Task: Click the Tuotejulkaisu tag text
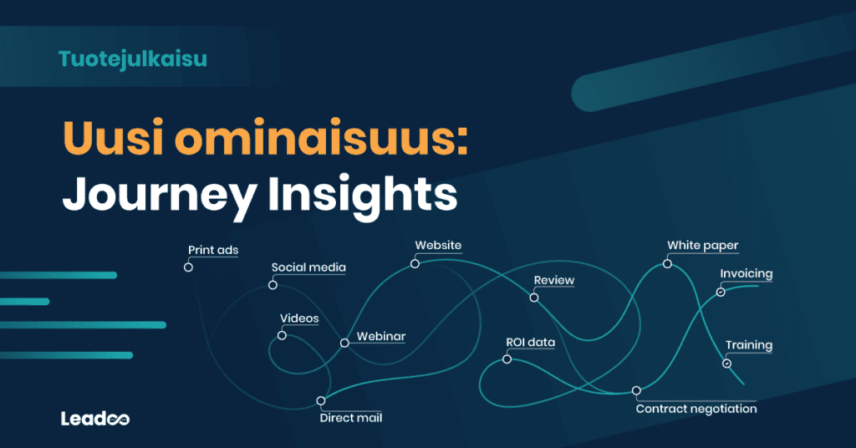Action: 133,59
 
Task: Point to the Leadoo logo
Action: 95,418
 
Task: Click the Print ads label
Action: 213,250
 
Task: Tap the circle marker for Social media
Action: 273,285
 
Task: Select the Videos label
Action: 299,318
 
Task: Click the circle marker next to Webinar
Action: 344,343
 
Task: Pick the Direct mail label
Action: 351,418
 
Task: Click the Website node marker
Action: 415,263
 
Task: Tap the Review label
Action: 554,280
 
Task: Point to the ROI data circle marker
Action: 507,359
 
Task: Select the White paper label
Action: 702,246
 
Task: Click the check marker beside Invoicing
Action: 721,292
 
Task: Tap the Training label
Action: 748,345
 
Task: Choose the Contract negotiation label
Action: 696,409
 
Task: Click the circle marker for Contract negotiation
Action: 636,390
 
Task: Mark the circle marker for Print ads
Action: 188,267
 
